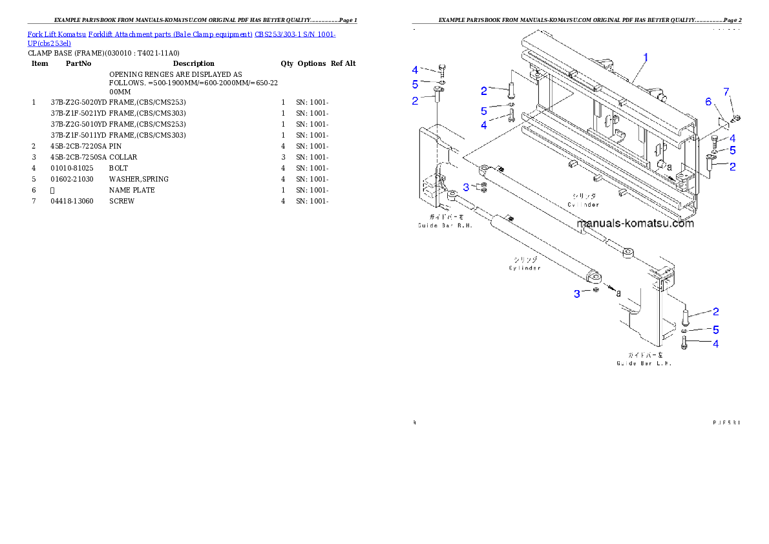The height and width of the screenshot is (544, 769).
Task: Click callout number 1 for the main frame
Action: [x=645, y=57]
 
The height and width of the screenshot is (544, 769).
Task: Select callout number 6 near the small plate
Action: [x=708, y=102]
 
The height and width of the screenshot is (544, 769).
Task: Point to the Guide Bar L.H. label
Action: [x=644, y=359]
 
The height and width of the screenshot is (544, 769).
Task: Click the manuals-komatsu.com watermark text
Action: [x=635, y=224]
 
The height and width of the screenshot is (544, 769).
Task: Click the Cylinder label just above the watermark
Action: [x=584, y=200]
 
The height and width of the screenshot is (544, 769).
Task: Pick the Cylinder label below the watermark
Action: [x=524, y=264]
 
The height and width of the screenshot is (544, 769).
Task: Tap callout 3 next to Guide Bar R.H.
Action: [x=467, y=187]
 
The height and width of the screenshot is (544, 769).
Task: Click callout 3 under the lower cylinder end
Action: [x=577, y=294]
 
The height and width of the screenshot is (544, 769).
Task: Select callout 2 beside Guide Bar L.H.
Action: [x=715, y=312]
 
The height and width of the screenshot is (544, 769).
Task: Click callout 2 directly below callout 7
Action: [x=732, y=167]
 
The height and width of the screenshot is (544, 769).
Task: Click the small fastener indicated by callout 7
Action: [x=736, y=118]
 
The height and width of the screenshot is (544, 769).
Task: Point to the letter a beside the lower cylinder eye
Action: [x=618, y=293]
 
